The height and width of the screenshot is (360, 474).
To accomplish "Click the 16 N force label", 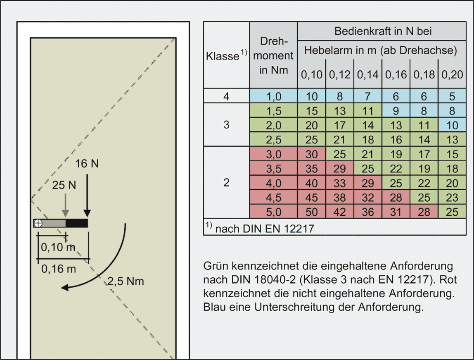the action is click(x=87, y=164).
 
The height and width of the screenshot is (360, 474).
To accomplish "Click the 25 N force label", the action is click(x=64, y=185).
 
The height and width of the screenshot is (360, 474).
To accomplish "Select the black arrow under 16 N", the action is click(x=87, y=195).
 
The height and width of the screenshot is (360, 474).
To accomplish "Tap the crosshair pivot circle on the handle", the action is click(x=38, y=223).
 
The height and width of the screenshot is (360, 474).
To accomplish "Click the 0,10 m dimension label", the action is click(x=58, y=248).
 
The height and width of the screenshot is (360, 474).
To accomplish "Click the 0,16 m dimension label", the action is click(x=58, y=269).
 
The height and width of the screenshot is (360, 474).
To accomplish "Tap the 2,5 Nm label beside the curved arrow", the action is click(x=126, y=281).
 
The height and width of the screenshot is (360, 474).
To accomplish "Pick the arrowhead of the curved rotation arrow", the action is click(x=65, y=287).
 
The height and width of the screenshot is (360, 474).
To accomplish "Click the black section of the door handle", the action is click(x=77, y=223).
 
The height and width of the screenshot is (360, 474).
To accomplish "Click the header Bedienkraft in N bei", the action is click(x=383, y=31).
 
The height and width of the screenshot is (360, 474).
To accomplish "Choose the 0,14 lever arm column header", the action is click(x=367, y=74).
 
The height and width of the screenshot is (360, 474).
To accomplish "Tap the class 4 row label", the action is click(x=226, y=96).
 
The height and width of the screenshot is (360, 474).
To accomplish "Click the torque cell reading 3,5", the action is click(x=274, y=169).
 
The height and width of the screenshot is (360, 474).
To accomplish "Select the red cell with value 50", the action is click(x=311, y=212).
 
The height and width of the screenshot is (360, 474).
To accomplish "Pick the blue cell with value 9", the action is click(x=396, y=111).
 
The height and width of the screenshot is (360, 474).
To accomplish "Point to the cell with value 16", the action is click(x=396, y=140).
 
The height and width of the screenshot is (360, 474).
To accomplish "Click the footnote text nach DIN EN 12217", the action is click(x=265, y=229).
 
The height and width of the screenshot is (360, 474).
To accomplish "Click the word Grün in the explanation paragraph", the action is click(x=216, y=266).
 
